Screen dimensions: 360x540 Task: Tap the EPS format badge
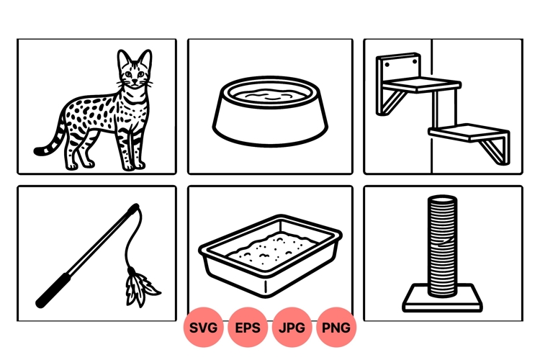pyautogui.click(x=248, y=328)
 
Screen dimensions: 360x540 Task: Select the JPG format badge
pyautogui.click(x=292, y=328)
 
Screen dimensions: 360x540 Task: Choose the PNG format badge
pyautogui.click(x=336, y=328)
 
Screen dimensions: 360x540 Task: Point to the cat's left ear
pyautogui.click(x=123, y=58)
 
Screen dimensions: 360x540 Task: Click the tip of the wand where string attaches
pyautogui.click(x=135, y=207)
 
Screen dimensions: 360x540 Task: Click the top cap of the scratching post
pyautogui.click(x=442, y=199)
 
